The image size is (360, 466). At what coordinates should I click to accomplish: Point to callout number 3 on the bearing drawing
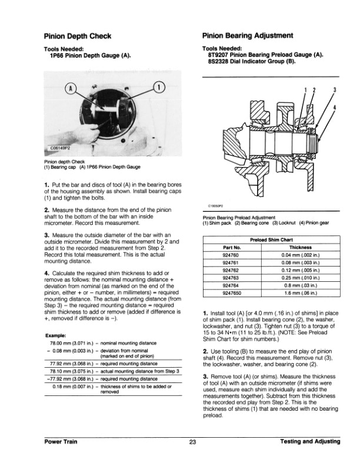tap(334, 90)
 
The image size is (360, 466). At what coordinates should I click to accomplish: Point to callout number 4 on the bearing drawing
tap(334, 108)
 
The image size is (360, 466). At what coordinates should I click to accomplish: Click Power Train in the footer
tap(64, 441)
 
